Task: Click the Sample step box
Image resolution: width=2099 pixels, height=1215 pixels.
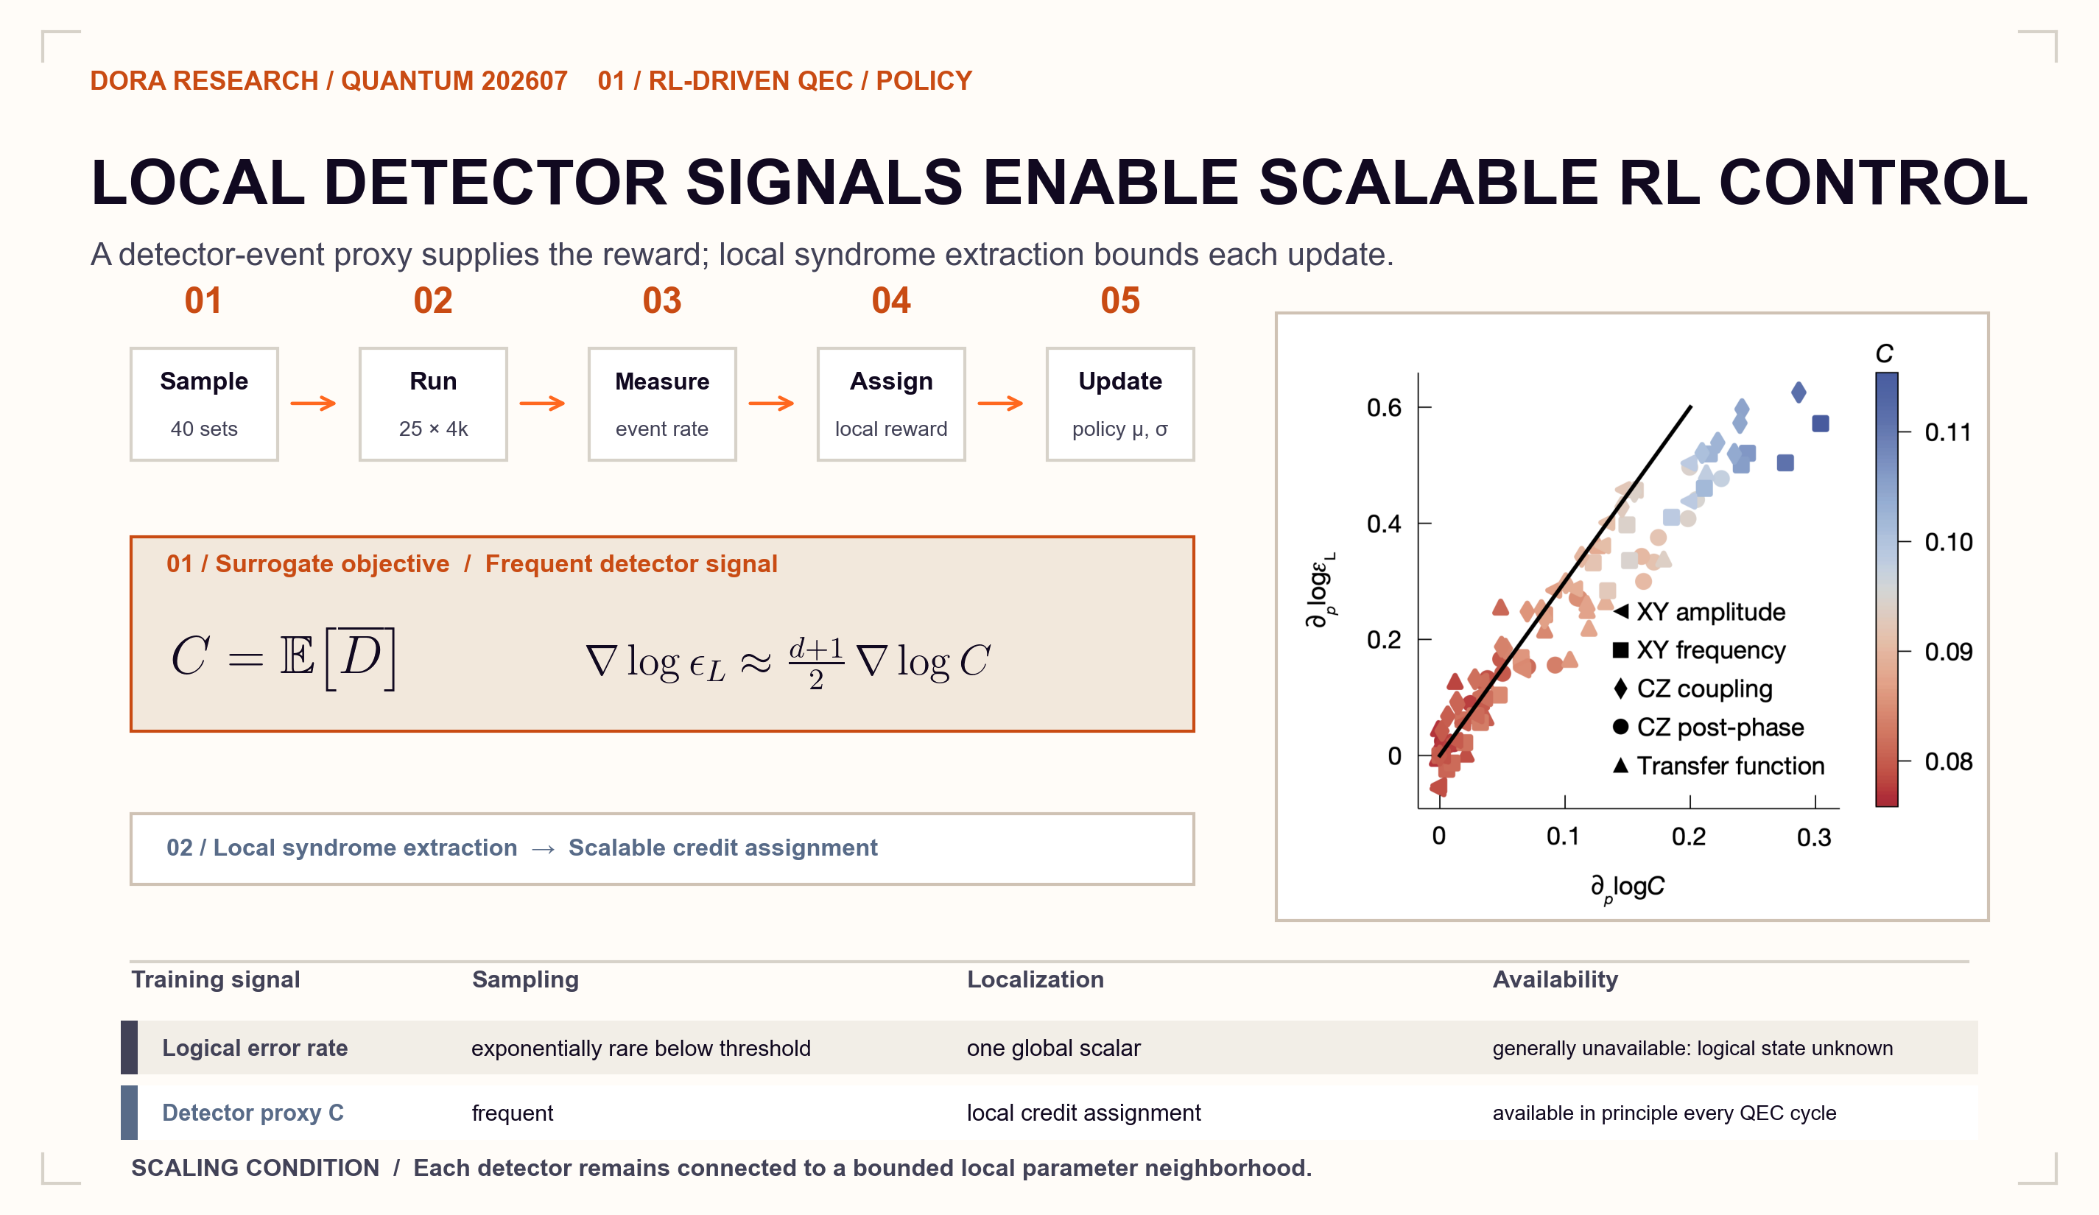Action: [204, 404]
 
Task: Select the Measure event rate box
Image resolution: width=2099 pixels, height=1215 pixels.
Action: [662, 404]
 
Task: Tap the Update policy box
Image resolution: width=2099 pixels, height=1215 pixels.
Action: [1120, 404]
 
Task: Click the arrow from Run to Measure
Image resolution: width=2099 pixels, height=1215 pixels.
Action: [542, 404]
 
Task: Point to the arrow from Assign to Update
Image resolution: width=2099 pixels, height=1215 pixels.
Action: [1000, 404]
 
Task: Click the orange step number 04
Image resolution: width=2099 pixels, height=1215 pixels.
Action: [891, 300]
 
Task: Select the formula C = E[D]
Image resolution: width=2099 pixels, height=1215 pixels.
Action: [284, 658]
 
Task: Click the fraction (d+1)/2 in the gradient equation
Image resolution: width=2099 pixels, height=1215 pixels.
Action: [816, 663]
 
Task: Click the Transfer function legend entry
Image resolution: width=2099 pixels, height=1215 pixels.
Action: [1718, 765]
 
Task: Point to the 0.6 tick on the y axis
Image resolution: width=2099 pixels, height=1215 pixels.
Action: [1385, 407]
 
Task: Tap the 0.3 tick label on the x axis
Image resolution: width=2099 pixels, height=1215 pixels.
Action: [1814, 837]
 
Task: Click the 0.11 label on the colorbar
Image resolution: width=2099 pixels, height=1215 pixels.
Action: [1948, 432]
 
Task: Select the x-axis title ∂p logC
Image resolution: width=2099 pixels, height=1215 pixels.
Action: [1628, 888]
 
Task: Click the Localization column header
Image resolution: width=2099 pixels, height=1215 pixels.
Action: [1036, 979]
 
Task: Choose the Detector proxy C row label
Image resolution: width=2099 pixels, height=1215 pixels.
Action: [253, 1113]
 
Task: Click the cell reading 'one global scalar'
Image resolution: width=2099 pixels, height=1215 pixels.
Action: [1054, 1048]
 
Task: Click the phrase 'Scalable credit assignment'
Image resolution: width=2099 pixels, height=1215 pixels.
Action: [723, 848]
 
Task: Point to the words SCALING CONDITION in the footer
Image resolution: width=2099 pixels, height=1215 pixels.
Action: [255, 1168]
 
